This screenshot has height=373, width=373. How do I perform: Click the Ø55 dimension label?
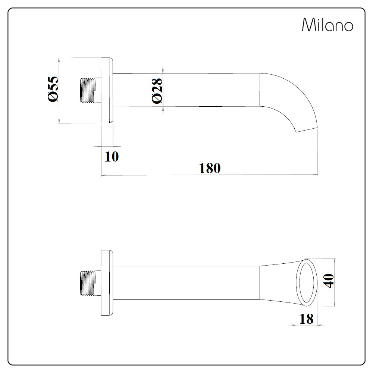pyautogui.click(x=53, y=88)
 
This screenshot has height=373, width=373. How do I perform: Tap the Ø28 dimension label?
pyautogui.click(x=157, y=90)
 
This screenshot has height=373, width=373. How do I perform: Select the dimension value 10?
pyautogui.click(x=111, y=157)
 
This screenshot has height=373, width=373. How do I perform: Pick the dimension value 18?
pyautogui.click(x=306, y=319)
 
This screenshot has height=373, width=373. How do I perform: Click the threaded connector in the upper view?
pyautogui.click(x=88, y=90)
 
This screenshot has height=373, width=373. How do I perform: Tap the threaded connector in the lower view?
pyautogui.click(x=88, y=282)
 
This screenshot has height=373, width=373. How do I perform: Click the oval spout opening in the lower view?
pyautogui.click(x=307, y=282)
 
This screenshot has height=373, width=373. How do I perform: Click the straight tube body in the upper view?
pyautogui.click(x=186, y=90)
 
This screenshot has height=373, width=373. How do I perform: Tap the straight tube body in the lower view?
pyautogui.click(x=186, y=282)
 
